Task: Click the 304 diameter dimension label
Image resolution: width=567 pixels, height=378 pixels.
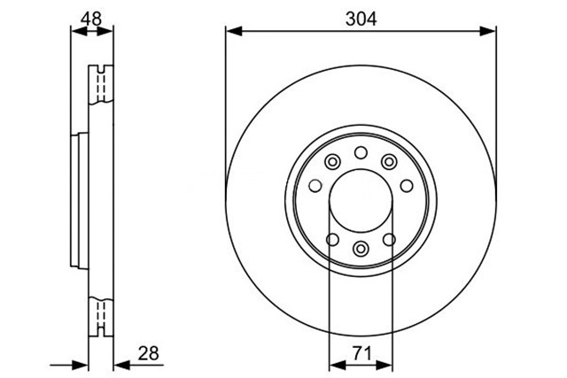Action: click(x=361, y=19)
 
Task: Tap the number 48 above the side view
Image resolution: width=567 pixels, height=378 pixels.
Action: click(x=91, y=19)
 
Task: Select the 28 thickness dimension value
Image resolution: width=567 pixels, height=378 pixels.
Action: click(x=148, y=353)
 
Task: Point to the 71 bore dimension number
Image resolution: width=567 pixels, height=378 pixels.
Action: click(x=362, y=353)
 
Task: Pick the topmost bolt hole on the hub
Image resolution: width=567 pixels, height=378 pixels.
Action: click(x=361, y=152)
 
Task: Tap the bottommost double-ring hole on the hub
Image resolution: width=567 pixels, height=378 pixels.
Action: click(x=361, y=248)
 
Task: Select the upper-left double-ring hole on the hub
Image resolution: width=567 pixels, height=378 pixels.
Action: click(x=332, y=161)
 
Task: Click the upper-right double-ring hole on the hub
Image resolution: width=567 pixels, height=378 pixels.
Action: click(x=389, y=161)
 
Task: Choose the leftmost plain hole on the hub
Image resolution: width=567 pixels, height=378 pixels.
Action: click(x=315, y=186)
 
